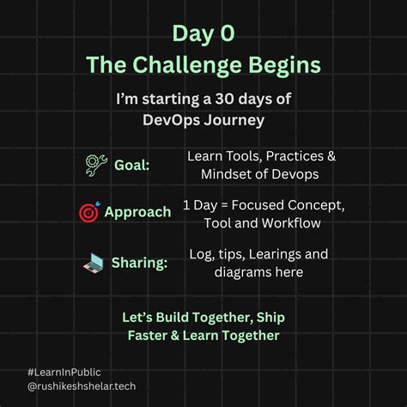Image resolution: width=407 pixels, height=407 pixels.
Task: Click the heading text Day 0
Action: click(203, 34)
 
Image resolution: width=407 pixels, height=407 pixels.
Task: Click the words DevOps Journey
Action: click(203, 119)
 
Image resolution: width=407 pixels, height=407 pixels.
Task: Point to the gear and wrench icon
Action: click(96, 164)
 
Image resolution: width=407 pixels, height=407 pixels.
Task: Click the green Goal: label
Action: click(131, 165)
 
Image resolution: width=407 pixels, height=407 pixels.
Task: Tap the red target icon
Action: click(88, 211)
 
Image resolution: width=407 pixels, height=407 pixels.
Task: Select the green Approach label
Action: click(137, 212)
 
